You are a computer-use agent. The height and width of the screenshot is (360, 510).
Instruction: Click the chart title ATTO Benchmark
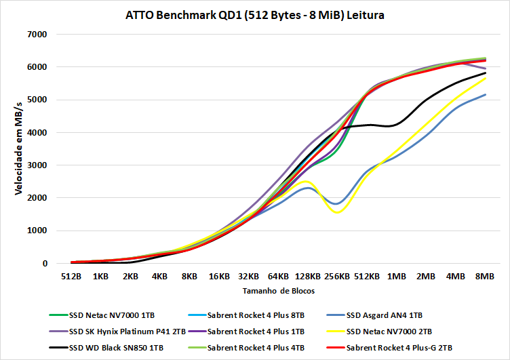coord(254,14)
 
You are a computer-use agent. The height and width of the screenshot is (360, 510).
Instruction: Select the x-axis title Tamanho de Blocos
coord(278,290)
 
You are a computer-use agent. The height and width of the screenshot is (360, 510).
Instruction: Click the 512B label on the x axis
coord(71,277)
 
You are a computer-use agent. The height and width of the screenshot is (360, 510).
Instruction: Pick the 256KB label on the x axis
coord(337,277)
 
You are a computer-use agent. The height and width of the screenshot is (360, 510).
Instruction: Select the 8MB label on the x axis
coord(485,277)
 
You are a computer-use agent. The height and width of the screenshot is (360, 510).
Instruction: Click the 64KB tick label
coord(278,277)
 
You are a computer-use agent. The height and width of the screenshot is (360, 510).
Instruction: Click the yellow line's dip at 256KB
coord(337,212)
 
